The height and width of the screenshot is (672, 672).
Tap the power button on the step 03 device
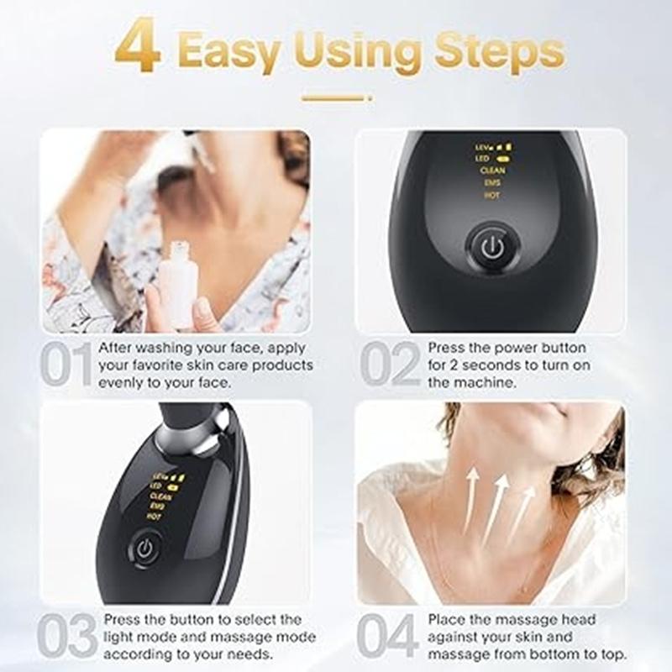(x=144, y=550)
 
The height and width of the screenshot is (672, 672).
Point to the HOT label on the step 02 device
(x=491, y=195)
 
